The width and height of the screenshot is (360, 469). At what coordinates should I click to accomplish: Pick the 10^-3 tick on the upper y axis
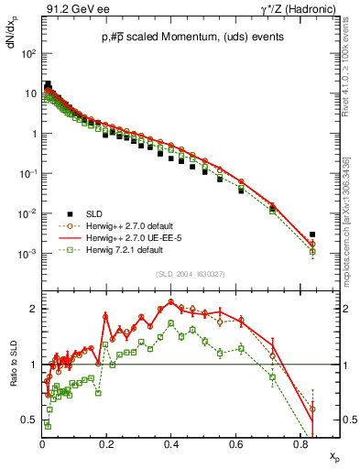coord(29,254)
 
